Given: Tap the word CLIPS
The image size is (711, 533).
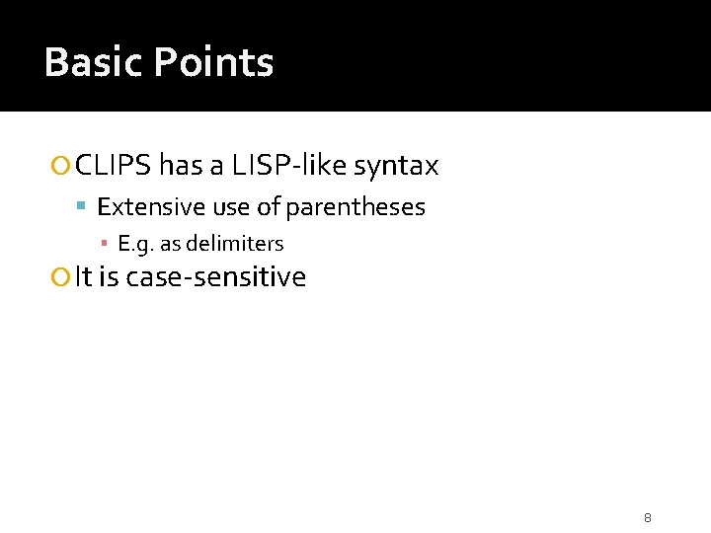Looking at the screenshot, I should click(x=113, y=166).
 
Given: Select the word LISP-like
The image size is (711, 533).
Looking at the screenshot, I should click(x=289, y=166).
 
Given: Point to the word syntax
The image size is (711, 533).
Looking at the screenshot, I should click(x=395, y=166).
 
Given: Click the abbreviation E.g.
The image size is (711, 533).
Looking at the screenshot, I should click(x=135, y=244).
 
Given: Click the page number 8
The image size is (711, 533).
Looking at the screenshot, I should click(x=648, y=517).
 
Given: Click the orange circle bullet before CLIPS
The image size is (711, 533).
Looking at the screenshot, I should click(x=63, y=167).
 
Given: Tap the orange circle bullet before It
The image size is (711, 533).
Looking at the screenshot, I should click(x=63, y=278).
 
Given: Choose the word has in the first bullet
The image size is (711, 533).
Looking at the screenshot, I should click(x=179, y=166).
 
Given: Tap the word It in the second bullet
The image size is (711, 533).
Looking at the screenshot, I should click(x=83, y=277).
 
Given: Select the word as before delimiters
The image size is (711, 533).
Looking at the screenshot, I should click(x=171, y=244).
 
